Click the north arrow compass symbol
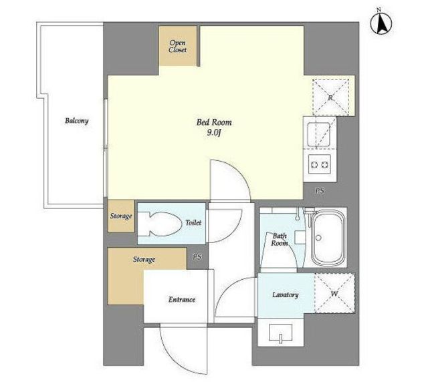tap(381, 23)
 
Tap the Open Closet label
tap(177, 46)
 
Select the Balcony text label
tap(77, 121)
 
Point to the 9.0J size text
tap(214, 133)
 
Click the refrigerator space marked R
tap(331, 97)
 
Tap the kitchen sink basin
tap(318, 134)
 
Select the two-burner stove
tap(320, 164)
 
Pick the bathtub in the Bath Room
tap(328, 238)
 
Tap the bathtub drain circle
tap(318, 238)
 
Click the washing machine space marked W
tap(334, 293)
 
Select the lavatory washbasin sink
tap(281, 333)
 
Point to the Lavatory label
tap(286, 295)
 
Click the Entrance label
tap(181, 300)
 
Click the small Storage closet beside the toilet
tap(121, 216)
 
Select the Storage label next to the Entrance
tap(144, 259)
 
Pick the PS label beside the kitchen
tap(320, 191)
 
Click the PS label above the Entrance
tap(197, 257)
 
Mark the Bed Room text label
tap(214, 122)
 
